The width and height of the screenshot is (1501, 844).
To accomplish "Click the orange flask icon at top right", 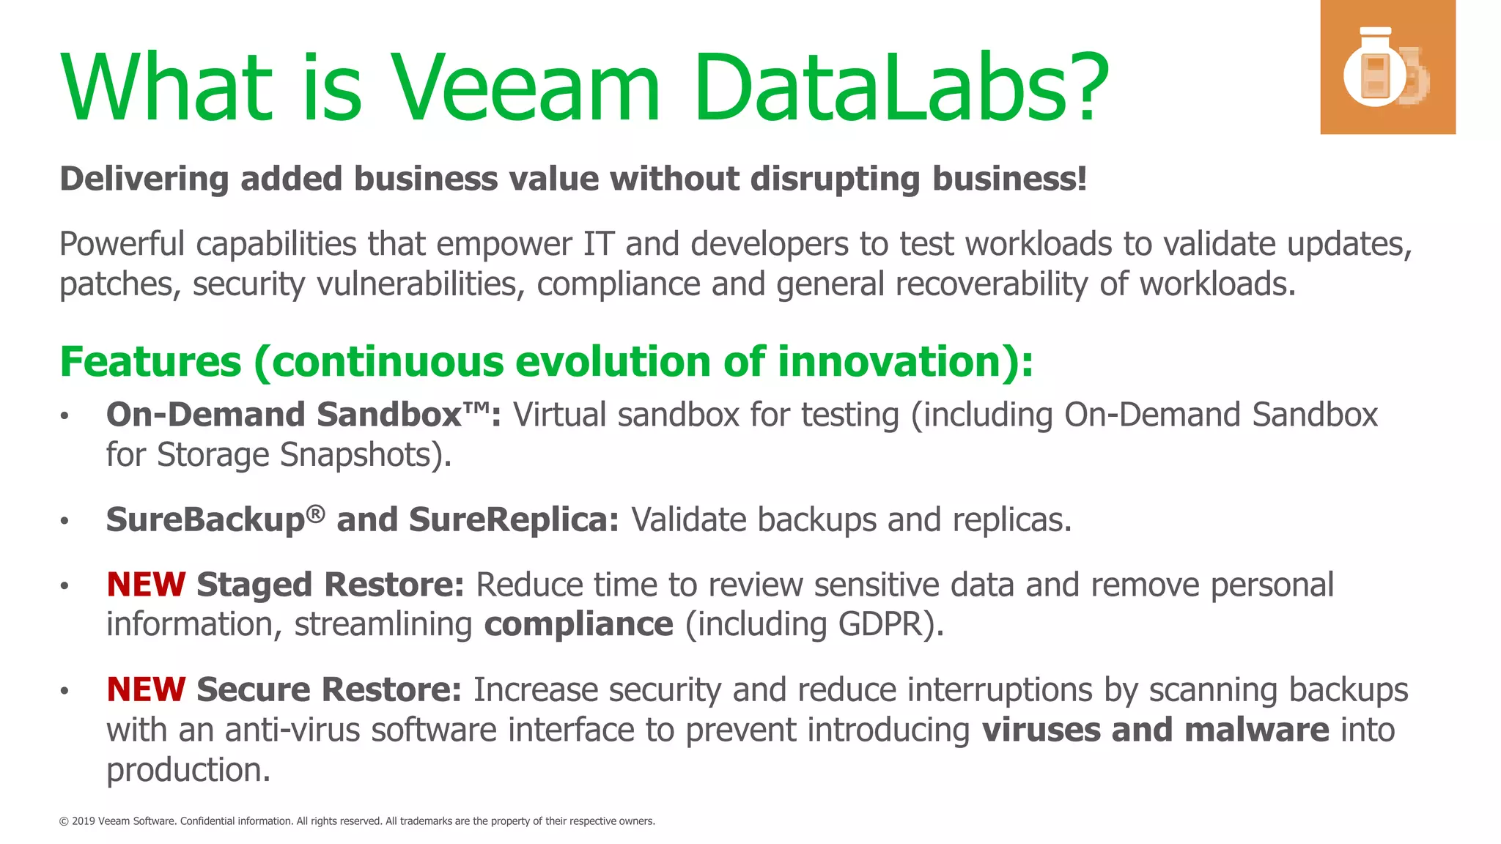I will [1387, 67].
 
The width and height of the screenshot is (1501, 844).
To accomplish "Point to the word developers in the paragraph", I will [770, 245].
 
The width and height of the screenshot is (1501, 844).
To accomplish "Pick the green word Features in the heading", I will [150, 362].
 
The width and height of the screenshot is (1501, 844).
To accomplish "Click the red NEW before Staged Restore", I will [146, 585].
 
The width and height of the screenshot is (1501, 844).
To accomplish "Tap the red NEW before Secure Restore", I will [146, 690].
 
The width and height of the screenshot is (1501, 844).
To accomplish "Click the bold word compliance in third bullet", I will [578, 625].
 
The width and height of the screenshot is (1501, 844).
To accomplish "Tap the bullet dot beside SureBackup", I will [64, 521].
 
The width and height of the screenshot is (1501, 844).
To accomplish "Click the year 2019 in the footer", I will [83, 821].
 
